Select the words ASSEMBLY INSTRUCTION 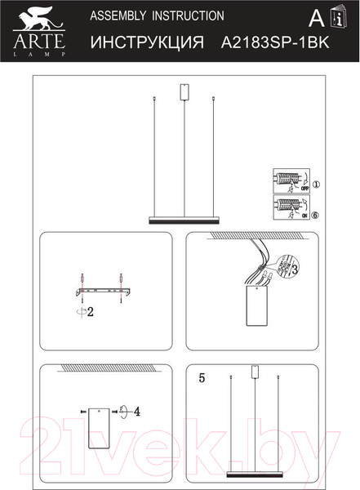coord(156,16)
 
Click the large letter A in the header coord(314,19)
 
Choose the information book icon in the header coord(336,19)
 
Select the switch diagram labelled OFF coord(291,180)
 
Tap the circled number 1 coord(317,185)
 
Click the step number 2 coord(91,311)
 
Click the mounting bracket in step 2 coord(100,291)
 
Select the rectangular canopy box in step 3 coord(257,306)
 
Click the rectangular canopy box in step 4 coord(100,426)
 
